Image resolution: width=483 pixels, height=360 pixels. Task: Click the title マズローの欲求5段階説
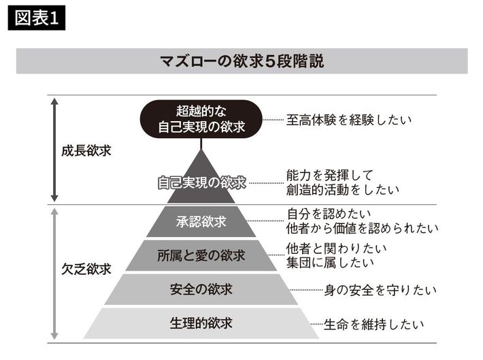click(241, 61)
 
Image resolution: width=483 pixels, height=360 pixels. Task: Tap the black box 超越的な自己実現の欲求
click(201, 118)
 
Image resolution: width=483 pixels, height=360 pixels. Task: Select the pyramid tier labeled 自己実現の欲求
click(201, 182)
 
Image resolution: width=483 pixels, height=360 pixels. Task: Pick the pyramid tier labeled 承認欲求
click(201, 221)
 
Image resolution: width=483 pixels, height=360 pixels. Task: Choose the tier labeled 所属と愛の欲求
click(201, 256)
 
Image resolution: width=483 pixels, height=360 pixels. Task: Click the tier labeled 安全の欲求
click(201, 289)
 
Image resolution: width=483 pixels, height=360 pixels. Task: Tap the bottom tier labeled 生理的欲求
click(201, 323)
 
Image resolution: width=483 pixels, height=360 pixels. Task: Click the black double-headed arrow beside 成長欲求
click(55, 150)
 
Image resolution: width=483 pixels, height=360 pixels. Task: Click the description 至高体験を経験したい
click(349, 120)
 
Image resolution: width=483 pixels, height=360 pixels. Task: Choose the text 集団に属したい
click(331, 262)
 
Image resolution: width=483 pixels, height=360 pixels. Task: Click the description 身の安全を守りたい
click(380, 290)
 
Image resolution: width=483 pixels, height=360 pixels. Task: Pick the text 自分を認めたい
click(327, 214)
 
